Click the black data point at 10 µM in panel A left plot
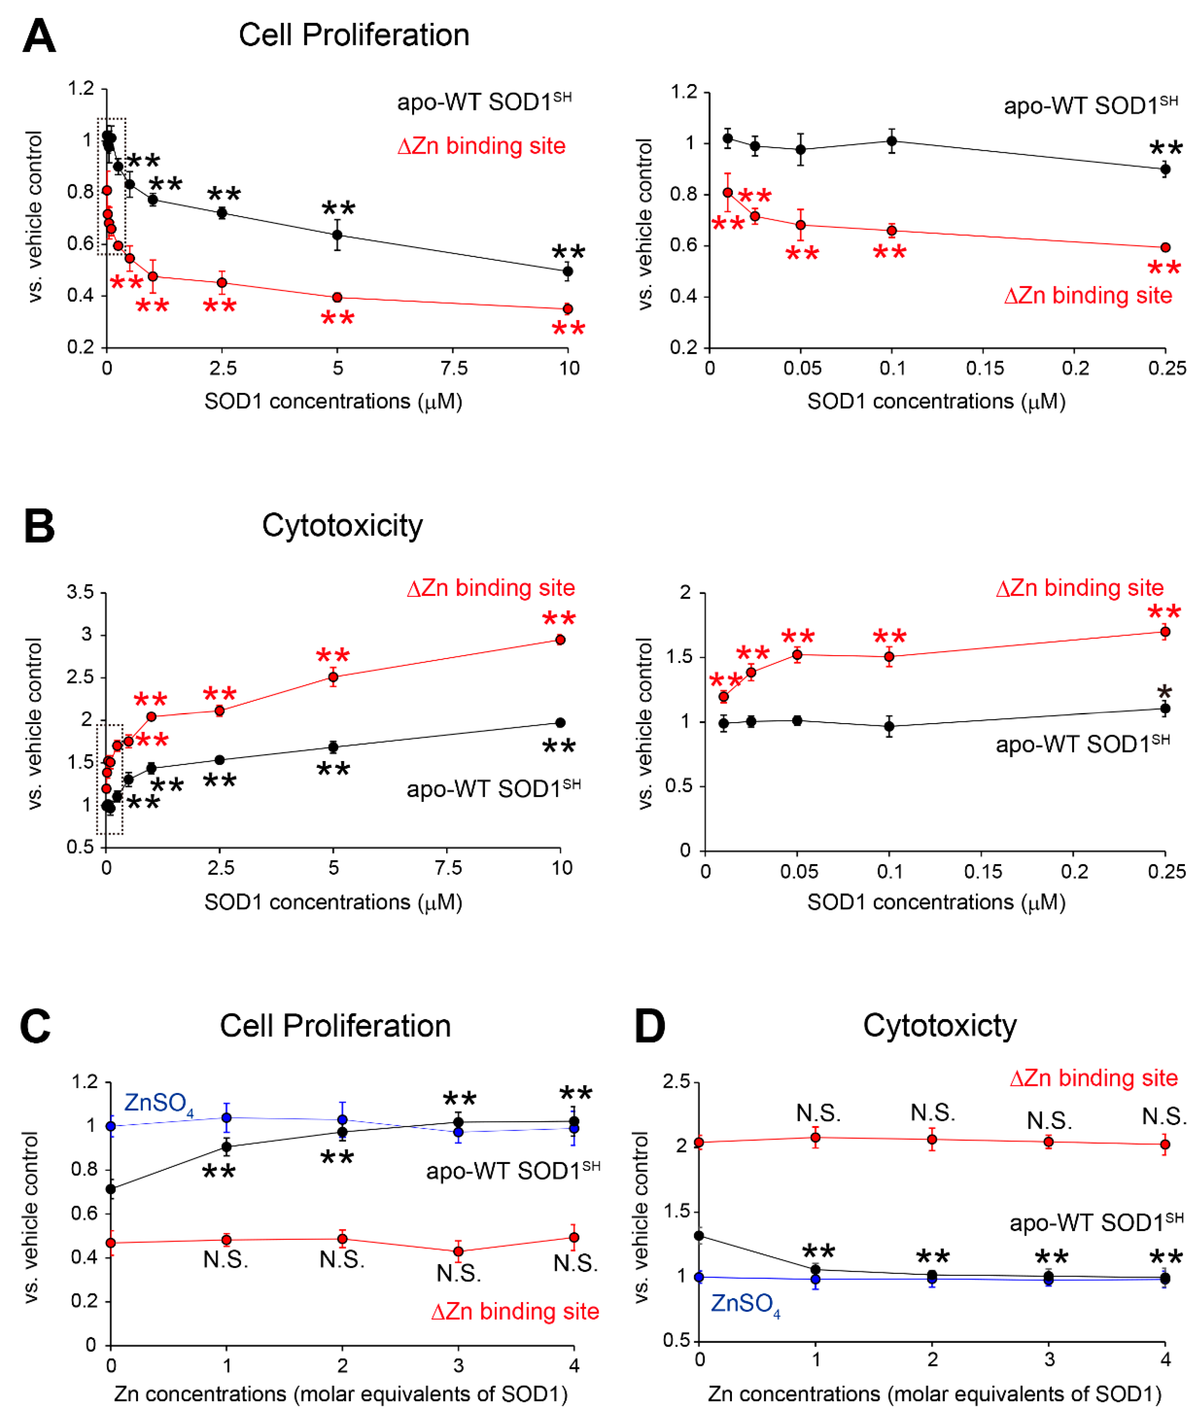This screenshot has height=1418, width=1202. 567,271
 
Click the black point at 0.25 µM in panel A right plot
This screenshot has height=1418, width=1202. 1165,169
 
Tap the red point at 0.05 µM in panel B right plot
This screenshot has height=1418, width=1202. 797,655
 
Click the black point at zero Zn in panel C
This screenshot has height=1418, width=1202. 111,1189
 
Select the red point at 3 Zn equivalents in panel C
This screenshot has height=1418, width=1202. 459,1251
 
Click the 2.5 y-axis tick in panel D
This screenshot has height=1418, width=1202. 676,1082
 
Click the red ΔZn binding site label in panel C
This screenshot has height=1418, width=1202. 515,1312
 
